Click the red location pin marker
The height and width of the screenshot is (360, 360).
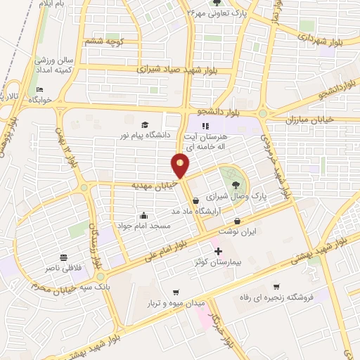coord(180,165)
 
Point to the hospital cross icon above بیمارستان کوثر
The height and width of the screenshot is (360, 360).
coord(218,250)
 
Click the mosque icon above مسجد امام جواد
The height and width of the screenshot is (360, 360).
coord(143,215)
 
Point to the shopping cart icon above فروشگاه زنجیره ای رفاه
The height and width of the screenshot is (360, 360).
coord(276,286)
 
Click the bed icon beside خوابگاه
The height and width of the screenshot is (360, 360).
coord(39,89)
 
